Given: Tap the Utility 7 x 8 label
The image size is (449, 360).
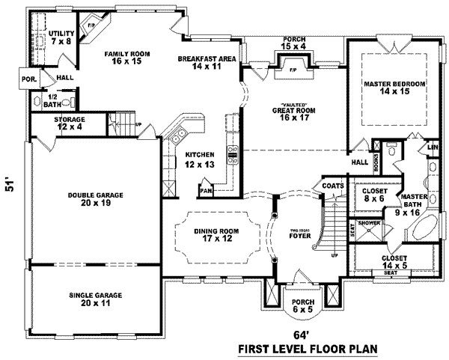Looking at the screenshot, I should tap(60, 38).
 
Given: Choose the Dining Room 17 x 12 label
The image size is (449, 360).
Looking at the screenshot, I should tap(216, 234).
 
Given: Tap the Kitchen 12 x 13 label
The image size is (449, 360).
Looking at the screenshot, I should tap(200, 159).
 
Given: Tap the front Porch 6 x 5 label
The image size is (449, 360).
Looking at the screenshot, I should tap(303, 305).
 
